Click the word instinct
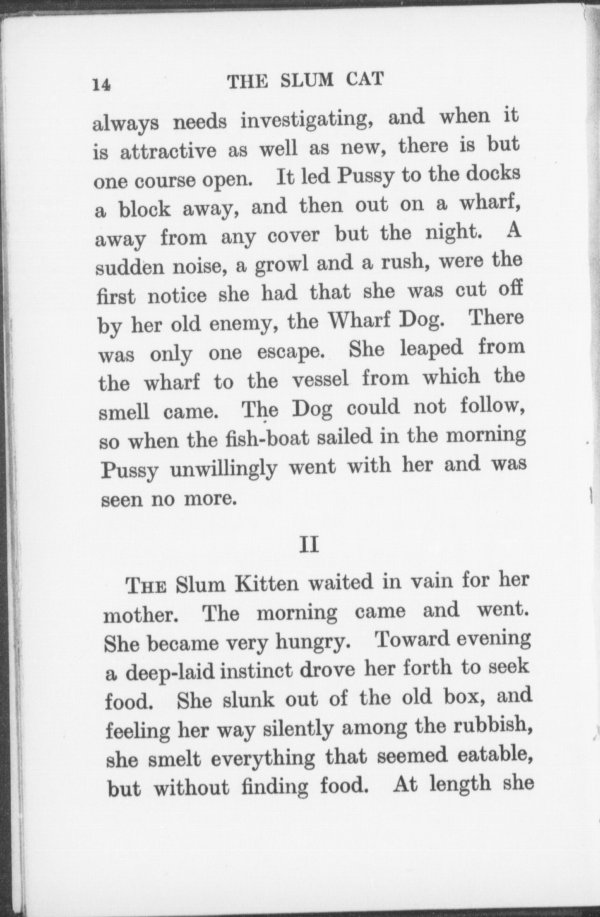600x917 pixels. point(256,672)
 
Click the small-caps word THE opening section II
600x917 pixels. point(147,586)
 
